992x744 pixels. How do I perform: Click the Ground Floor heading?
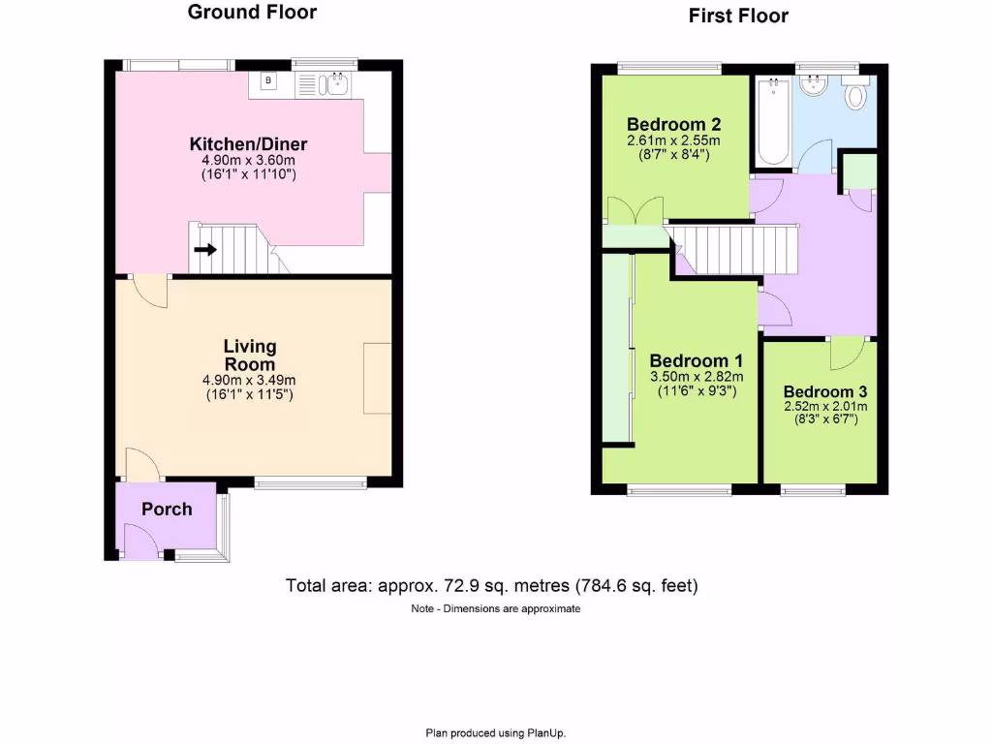pos(252,13)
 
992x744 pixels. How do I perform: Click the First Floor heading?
pos(738,15)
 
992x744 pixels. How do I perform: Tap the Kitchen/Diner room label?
pos(248,144)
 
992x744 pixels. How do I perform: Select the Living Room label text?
pos(250,355)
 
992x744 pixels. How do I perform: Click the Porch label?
pos(167,510)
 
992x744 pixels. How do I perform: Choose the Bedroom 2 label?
pos(673,125)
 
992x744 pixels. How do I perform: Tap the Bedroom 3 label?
pos(825,392)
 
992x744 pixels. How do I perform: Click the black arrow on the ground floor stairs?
pos(204,250)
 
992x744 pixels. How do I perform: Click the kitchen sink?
pos(336,86)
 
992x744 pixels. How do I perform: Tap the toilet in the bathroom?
pos(855,95)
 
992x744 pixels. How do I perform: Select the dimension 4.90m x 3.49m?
pos(250,381)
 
